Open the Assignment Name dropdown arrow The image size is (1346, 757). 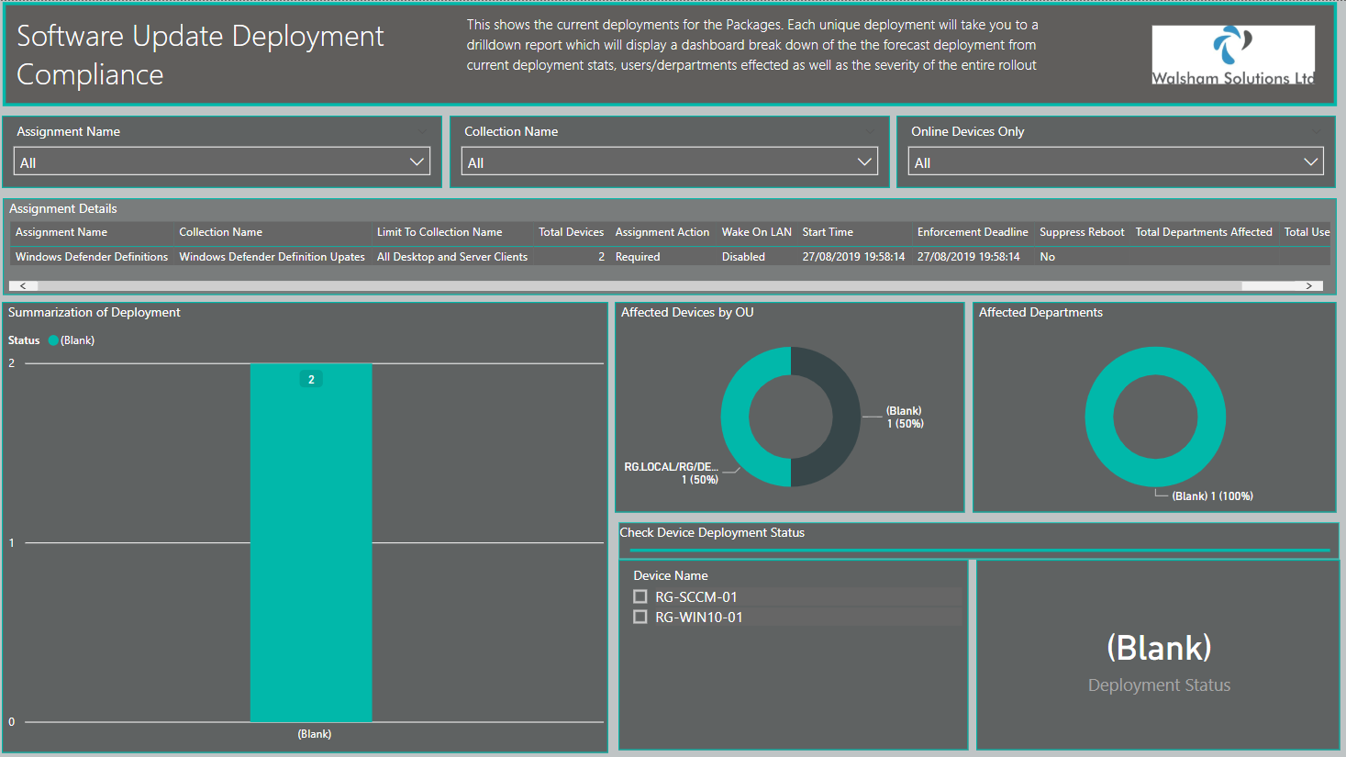[417, 161]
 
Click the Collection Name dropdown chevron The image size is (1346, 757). [864, 161]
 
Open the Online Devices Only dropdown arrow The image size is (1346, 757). [1310, 161]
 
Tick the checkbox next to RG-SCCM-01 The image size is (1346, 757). [640, 596]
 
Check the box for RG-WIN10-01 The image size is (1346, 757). [640, 617]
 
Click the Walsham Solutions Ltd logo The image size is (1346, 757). [1233, 55]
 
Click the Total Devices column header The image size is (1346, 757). [571, 232]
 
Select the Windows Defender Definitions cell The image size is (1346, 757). [92, 257]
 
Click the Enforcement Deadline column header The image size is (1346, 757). [973, 232]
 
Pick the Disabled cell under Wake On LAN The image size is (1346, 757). [743, 257]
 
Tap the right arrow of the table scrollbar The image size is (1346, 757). [1308, 286]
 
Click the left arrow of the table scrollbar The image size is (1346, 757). [23, 286]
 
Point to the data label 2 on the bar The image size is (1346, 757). [311, 380]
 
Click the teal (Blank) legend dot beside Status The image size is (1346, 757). [53, 340]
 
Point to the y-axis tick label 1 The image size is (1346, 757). [11, 542]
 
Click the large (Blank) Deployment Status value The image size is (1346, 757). [1159, 648]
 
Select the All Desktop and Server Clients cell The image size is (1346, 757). [451, 257]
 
